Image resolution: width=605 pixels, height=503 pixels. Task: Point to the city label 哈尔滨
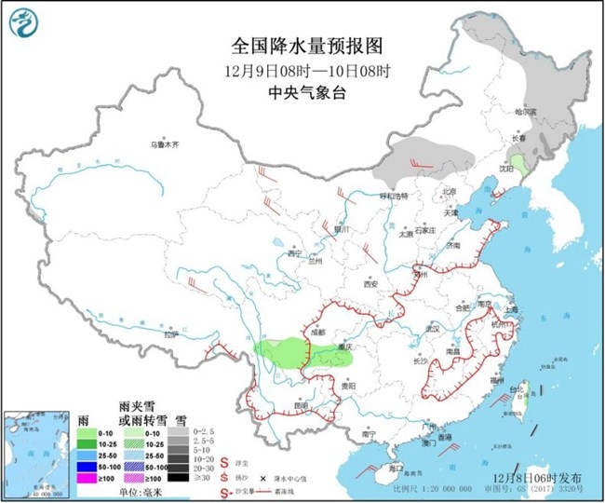pyautogui.click(x=529, y=111)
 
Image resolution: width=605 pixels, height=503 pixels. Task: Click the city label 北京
pyautogui.click(x=450, y=193)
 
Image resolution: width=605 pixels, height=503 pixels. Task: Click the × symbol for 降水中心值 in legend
pyautogui.click(x=251, y=476)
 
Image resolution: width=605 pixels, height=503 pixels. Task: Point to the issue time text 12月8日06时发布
pyautogui.click(x=526, y=476)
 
